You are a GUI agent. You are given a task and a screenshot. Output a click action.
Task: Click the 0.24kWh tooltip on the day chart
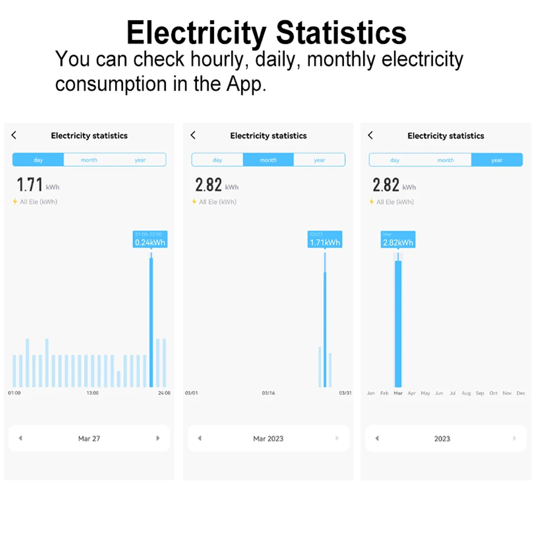coord(150,239)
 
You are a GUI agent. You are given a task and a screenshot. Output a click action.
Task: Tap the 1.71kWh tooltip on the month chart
coord(325,239)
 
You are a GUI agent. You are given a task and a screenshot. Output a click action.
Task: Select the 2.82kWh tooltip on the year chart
coord(398,239)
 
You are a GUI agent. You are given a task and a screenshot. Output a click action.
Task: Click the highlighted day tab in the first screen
coord(38,160)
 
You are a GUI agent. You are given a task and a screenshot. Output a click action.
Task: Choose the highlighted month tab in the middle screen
coord(269,160)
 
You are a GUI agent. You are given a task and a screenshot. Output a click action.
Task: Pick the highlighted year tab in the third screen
coord(497,160)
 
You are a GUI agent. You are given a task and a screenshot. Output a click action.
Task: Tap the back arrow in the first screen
coord(14,135)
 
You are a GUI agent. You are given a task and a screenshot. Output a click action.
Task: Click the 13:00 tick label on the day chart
coord(93,393)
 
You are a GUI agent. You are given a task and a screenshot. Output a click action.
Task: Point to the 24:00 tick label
coord(164,393)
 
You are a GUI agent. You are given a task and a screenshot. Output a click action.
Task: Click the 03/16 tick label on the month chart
coord(269,393)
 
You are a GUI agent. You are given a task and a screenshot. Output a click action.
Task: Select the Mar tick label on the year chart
coord(398,393)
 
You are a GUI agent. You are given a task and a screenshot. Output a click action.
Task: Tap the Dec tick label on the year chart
coord(521,393)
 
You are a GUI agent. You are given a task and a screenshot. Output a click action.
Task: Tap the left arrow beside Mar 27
coord(20,438)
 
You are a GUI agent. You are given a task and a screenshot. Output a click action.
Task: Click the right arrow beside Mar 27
coord(158,438)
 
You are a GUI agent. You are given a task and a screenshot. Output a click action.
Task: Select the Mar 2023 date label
coord(269,439)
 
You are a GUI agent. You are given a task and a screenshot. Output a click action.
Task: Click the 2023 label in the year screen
coord(442,439)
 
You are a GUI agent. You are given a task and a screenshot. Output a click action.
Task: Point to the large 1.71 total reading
coord(30,185)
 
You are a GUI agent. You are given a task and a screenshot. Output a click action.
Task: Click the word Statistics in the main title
coord(342,33)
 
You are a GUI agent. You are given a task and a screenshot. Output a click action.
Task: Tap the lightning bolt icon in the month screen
coord(194,202)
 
